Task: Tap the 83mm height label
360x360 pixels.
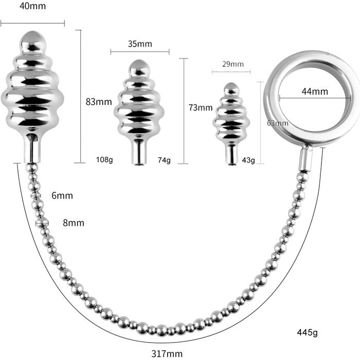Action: tap(99, 101)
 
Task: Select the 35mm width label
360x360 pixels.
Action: tap(139, 44)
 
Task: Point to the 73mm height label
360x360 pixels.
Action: tap(201, 107)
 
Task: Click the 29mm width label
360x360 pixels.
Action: tap(232, 64)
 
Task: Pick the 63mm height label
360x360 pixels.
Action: tap(278, 123)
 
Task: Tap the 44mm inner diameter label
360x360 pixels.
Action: tap(315, 92)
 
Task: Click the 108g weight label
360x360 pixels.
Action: tap(104, 159)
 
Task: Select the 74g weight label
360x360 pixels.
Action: tap(164, 160)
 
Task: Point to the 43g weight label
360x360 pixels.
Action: tap(248, 160)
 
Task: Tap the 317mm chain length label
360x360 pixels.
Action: tap(168, 353)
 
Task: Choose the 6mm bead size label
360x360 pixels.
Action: tap(62, 195)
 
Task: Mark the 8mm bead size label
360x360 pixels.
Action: tap(73, 223)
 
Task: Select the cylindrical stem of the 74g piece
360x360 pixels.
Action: tap(138, 152)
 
